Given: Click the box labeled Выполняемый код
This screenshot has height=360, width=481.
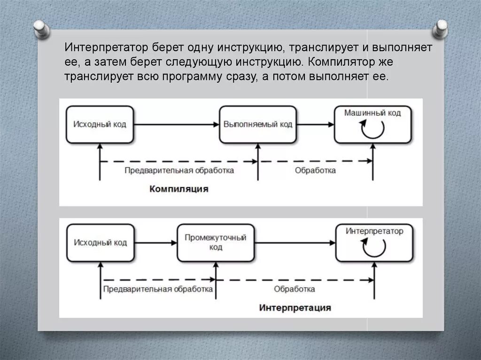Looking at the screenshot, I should pos(258,124).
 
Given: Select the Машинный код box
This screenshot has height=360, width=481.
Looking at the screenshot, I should pos(372,124).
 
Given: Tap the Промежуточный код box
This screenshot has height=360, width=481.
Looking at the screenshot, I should pos(216,243).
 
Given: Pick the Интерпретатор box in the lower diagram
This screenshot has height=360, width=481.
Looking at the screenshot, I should pos(374,243).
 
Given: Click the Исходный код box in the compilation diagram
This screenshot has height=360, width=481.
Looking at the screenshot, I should pos(100,124).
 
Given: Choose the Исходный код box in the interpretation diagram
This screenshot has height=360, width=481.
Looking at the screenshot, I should pos(101,243).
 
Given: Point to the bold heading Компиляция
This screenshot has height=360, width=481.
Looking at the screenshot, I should pos(179,189).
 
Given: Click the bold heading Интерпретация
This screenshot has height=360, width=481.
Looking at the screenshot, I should pos(295,308).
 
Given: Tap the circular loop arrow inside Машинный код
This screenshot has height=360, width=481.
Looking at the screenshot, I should pos(372,129).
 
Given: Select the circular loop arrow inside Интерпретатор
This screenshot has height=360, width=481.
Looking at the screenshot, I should pos(374,247).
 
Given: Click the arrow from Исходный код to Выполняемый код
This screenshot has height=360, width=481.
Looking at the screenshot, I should pos(176,124).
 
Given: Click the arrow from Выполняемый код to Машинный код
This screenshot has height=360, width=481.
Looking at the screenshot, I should pos(315,124).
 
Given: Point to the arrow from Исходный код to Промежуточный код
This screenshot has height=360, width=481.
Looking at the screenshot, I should pos(155,243).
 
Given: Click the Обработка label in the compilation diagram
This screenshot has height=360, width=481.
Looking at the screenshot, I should pos(315,170).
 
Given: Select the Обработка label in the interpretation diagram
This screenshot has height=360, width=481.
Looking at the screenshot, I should pos(295,289).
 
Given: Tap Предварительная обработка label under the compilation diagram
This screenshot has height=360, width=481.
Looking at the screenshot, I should pos(179,170).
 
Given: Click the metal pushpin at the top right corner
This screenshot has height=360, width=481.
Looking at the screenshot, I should pos(441,29).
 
